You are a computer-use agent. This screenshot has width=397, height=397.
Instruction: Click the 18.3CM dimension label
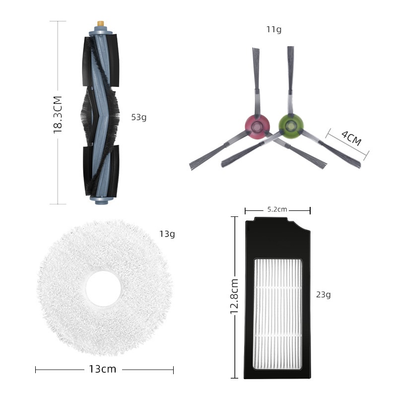click(x=58, y=115)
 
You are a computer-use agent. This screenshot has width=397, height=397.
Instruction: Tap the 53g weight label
click(x=139, y=117)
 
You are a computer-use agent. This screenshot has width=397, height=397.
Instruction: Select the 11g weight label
click(x=274, y=29)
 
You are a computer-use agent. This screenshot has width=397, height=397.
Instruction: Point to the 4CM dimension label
click(x=351, y=138)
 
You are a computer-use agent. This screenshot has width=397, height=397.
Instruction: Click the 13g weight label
click(x=167, y=234)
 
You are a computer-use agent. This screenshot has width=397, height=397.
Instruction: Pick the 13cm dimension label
click(x=103, y=369)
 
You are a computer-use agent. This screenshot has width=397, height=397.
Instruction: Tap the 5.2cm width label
click(x=277, y=209)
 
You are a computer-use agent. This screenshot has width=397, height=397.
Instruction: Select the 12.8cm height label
click(x=234, y=296)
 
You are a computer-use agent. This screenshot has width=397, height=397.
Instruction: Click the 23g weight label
click(x=324, y=294)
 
